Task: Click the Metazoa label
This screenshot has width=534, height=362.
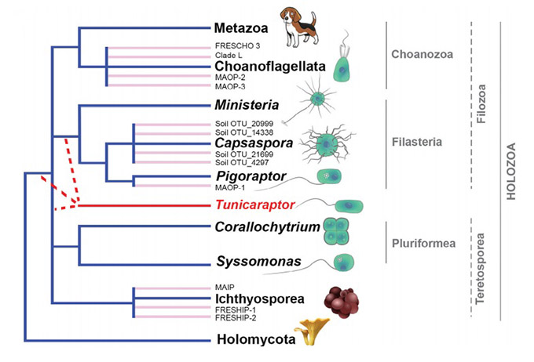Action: (241, 28)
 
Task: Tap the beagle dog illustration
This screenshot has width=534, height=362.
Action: (299, 27)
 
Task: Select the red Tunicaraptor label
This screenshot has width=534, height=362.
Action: (255, 205)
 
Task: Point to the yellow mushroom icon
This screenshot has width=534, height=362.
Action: (312, 331)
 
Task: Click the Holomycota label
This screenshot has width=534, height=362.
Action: (256, 339)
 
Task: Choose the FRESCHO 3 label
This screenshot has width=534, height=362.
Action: (237, 45)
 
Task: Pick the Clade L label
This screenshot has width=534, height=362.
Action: (229, 55)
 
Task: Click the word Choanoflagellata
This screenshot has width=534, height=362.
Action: (270, 66)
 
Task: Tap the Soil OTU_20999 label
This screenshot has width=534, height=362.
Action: (244, 124)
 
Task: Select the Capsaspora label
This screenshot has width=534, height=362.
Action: (254, 143)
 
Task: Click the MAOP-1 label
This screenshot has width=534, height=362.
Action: (230, 187)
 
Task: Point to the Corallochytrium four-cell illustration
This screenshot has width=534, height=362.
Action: (336, 231)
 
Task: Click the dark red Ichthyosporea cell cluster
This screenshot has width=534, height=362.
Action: (342, 302)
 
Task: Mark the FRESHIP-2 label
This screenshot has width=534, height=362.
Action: (236, 318)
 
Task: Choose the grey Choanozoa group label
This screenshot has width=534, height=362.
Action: (422, 54)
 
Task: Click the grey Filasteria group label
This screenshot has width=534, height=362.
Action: (417, 142)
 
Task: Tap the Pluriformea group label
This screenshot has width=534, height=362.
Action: (423, 244)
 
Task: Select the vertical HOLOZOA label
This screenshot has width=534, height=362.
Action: (511, 171)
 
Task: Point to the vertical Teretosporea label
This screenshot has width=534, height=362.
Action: (480, 269)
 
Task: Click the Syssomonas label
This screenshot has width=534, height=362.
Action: (259, 262)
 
